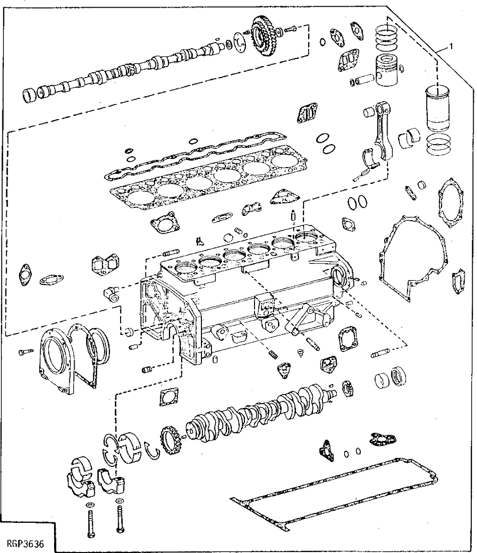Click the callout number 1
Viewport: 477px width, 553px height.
[450, 46]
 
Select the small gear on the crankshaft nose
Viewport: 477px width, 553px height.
[170, 440]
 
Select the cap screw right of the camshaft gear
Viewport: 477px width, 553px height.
[290, 30]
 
